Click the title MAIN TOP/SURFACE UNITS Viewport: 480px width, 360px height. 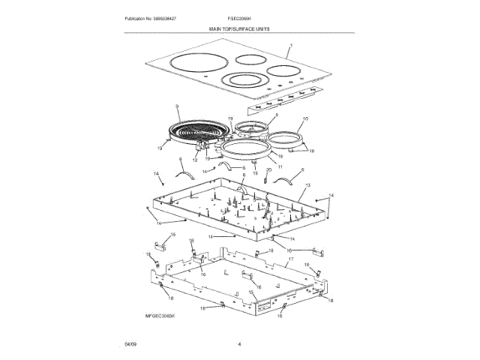pos(239,28)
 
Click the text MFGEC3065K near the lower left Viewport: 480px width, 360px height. pos(160,317)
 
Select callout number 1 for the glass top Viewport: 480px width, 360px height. pos(292,46)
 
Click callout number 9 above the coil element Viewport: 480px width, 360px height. pos(177,107)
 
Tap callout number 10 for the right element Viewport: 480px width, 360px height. pos(305,119)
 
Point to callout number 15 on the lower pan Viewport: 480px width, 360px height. pos(250,292)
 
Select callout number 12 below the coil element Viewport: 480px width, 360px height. pos(195,160)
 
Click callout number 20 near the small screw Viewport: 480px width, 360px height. pos(268,170)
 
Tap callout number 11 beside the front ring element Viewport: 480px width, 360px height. pos(279,166)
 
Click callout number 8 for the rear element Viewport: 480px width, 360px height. pos(275,116)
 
